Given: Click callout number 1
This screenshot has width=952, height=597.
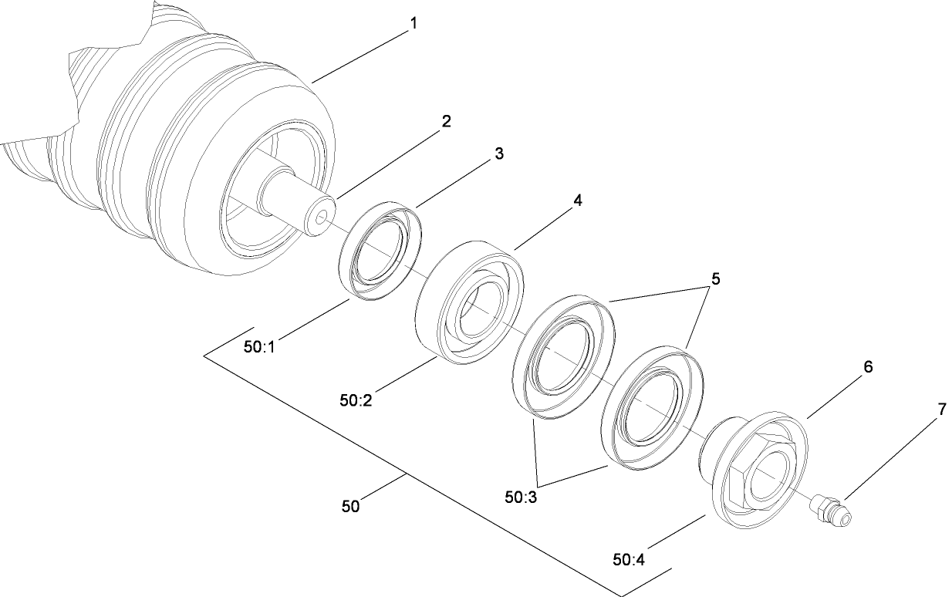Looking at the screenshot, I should coord(414,24).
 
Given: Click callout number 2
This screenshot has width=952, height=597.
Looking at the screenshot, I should coord(445,122).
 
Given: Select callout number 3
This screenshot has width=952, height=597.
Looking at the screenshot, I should coord(499,153).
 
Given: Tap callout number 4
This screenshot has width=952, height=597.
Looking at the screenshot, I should coord(577,200).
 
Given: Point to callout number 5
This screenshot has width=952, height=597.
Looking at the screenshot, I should coord(715,279).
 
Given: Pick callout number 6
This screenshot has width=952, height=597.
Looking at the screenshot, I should coord(868,367).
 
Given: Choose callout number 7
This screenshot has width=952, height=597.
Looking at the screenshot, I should coord(940,411).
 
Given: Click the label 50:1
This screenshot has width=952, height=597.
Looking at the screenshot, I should coord(259,348).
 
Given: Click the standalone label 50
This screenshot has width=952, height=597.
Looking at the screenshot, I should coord(351,506).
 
